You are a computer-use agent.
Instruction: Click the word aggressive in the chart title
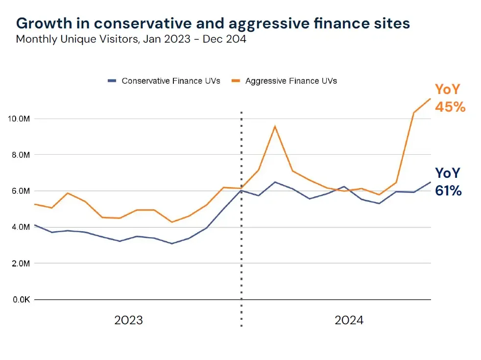(266, 23)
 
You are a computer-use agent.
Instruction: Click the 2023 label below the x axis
(128, 320)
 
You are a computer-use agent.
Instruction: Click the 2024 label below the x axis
(349, 320)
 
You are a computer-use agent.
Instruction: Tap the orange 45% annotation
(450, 107)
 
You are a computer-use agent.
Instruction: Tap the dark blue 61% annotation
(448, 191)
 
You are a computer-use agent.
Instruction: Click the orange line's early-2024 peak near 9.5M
(275, 126)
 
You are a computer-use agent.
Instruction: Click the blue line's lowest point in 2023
(171, 243)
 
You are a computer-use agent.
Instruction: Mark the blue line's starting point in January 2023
(35, 225)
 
